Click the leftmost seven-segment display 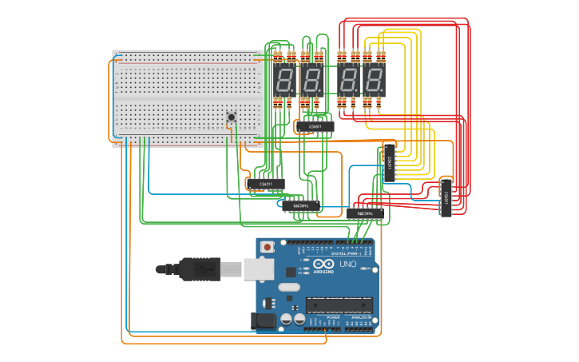285,80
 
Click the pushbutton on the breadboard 232,117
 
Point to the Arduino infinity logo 324,265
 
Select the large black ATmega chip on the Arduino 339,304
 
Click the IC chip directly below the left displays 315,126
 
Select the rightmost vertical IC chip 446,197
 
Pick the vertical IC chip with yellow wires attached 389,162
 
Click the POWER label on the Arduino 333,317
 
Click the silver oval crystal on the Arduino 288,287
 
